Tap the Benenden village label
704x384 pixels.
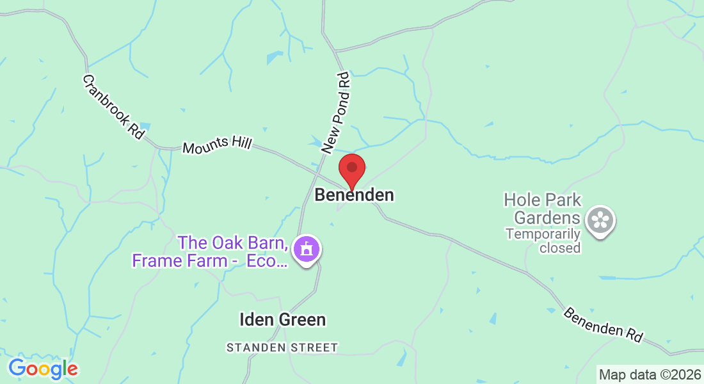(354, 195)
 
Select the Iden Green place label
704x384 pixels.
(282, 319)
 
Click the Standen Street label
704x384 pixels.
(282, 348)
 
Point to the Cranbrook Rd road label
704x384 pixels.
(113, 107)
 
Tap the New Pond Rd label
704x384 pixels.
(337, 113)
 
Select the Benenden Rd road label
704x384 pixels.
(603, 325)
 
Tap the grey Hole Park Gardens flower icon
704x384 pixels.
(600, 221)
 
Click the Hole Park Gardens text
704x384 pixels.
(543, 209)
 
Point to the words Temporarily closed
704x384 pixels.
(543, 241)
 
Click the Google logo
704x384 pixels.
(43, 369)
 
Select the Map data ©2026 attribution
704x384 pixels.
(650, 374)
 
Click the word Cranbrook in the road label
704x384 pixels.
(105, 98)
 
